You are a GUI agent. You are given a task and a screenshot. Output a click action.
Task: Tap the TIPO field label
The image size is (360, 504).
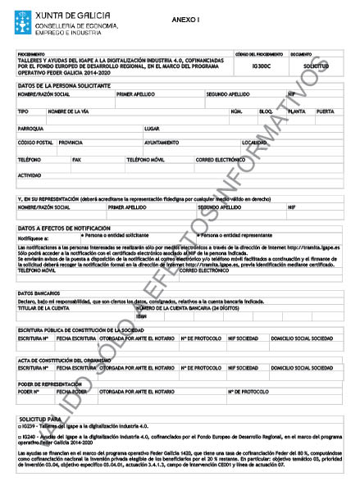coord(23,111)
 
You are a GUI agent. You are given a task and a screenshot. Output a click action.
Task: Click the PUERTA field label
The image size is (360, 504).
coord(325,111)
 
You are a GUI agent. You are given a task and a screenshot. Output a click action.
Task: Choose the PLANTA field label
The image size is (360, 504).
coord(296,111)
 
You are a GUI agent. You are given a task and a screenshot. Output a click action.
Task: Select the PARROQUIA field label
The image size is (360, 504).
coord(30,129)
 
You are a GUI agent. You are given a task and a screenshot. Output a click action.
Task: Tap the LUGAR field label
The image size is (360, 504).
coord(152,129)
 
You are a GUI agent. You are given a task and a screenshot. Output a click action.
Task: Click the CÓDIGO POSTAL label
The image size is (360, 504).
coord(35,142)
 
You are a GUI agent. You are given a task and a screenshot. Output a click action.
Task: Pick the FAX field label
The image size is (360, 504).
coord(77,159)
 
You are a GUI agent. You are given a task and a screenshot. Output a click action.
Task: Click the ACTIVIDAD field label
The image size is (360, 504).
coord(30,175)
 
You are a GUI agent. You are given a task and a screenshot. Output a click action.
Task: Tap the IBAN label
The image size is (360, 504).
coord(141,316)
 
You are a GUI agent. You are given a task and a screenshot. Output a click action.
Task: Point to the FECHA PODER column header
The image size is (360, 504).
coord(71,392)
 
